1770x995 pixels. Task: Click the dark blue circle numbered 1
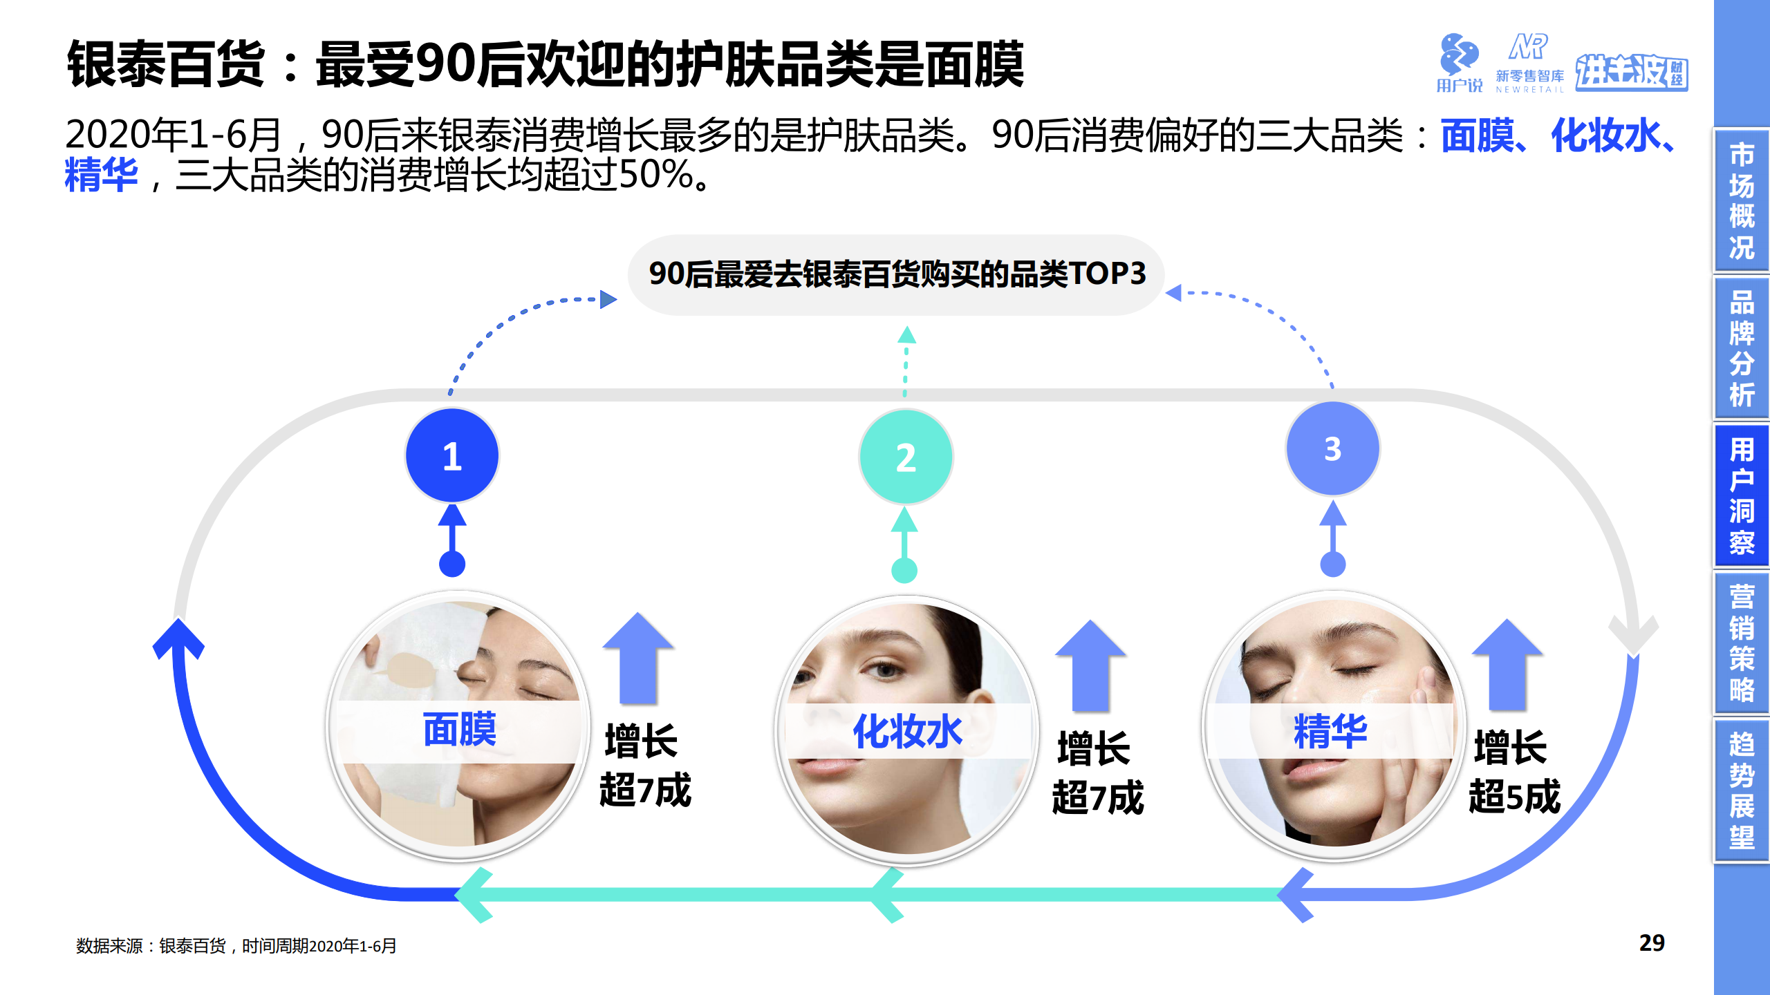click(451, 456)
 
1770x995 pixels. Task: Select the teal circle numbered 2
click(906, 457)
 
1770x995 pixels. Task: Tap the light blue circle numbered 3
click(1332, 449)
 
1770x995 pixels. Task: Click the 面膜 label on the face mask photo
click(460, 730)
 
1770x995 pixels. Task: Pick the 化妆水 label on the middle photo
click(907, 732)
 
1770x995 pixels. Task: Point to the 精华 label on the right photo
click(1330, 732)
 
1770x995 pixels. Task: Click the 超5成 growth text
click(1514, 797)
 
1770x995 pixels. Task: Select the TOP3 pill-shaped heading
click(896, 274)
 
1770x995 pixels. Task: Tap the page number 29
click(1651, 943)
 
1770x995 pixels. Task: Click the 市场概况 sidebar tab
click(1741, 200)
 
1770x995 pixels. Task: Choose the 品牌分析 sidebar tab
click(1741, 348)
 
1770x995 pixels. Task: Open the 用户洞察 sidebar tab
click(1741, 495)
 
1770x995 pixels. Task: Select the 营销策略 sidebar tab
click(1741, 643)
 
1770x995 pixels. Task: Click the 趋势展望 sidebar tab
click(1741, 790)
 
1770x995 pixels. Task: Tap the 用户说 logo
click(1459, 62)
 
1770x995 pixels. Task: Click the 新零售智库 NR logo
click(1529, 62)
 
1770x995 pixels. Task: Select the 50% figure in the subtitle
click(656, 175)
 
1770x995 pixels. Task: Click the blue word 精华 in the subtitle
click(101, 175)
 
